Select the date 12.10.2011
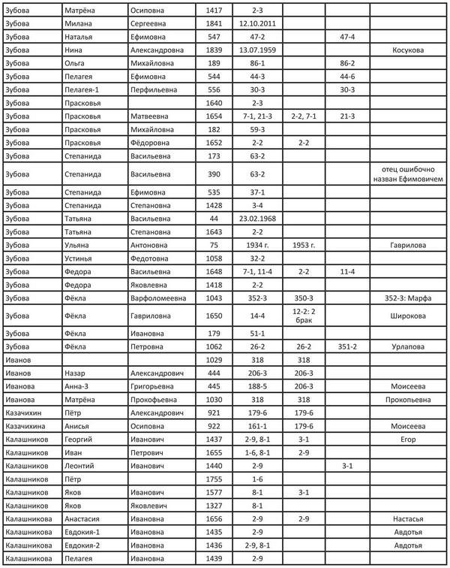point(257,24)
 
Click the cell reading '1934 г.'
point(257,245)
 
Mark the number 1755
point(214,479)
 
